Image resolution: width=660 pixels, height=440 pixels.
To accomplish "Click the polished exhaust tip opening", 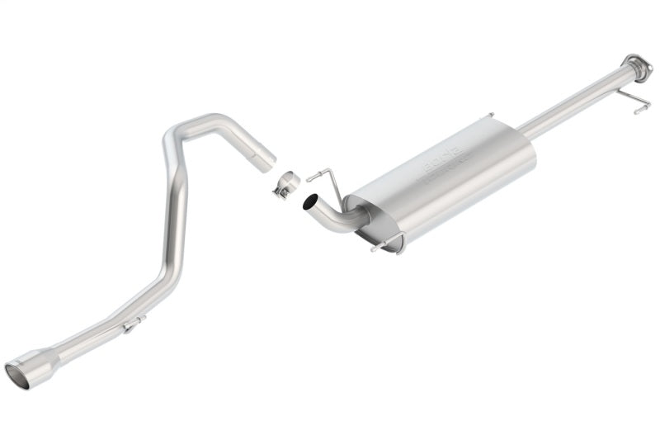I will (x=16, y=377).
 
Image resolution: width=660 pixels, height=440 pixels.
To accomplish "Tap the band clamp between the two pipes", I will (x=286, y=182).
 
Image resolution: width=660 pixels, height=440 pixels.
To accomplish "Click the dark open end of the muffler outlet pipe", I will (x=310, y=201).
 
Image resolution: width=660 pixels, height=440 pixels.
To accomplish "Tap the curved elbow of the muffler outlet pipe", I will (x=334, y=219).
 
